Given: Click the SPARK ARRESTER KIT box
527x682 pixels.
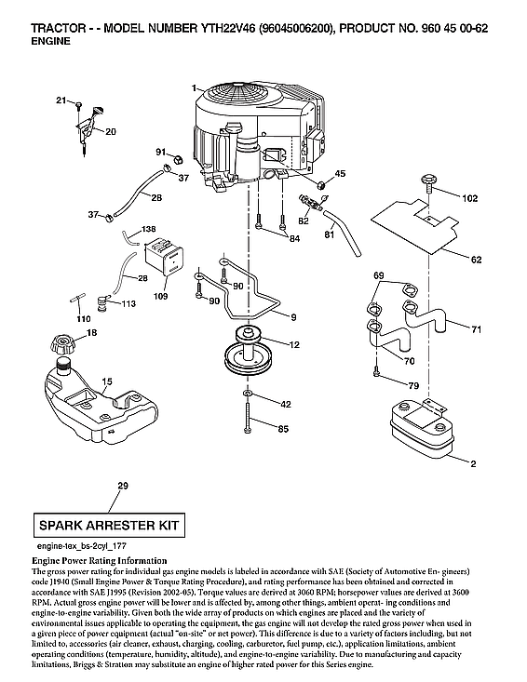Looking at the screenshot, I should [105, 526].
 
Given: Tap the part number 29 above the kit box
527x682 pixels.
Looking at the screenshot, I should [123, 486].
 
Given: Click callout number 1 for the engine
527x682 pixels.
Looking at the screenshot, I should [194, 88].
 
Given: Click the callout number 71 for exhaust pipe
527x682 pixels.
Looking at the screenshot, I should [476, 329].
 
